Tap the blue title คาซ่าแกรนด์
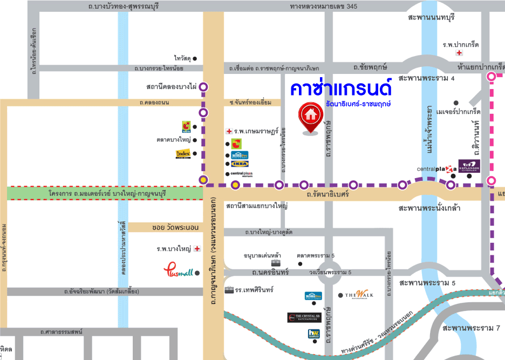[x=340, y=88]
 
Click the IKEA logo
[x=240, y=164]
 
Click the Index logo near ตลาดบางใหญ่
[x=183, y=154]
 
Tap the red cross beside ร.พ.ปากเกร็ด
[x=459, y=53]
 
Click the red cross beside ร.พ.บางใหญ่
[x=197, y=249]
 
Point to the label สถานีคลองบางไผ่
[x=170, y=86]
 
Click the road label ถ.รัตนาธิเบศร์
[x=327, y=194]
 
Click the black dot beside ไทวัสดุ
[x=195, y=58]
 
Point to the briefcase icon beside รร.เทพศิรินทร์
[x=229, y=290]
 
